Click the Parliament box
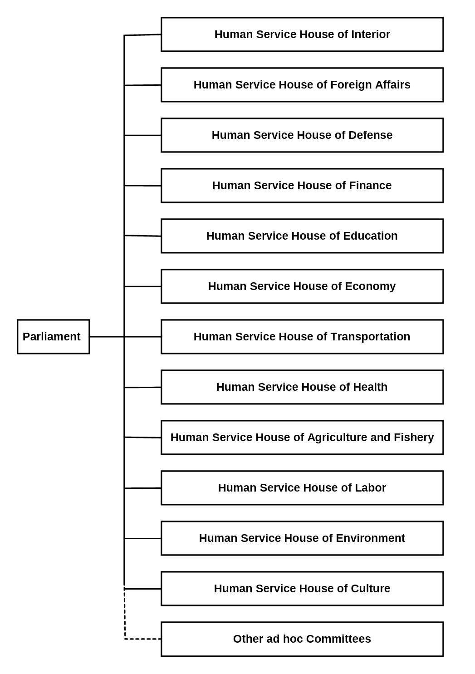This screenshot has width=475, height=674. click(53, 336)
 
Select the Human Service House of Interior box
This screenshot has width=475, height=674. click(302, 34)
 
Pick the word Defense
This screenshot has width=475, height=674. click(370, 135)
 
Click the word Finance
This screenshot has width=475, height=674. click(370, 185)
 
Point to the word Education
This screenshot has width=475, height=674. click(370, 236)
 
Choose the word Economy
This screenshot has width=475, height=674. click(370, 286)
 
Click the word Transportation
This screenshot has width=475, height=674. click(370, 337)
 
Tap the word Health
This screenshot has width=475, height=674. click(370, 387)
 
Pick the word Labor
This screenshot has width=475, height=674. click(370, 487)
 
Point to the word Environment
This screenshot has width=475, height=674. click(370, 538)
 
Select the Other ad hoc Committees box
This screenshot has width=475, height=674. click(302, 639)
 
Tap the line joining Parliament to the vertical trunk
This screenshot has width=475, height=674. click(107, 336)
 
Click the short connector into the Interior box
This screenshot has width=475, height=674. click(142, 35)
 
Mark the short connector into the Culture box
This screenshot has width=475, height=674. click(142, 589)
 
